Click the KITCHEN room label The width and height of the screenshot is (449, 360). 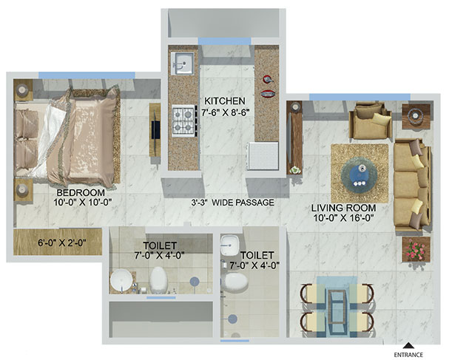pos(225,101)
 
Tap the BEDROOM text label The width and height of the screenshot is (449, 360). pos(81,193)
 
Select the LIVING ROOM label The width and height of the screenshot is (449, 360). pos(344,208)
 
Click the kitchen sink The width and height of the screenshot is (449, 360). pos(183,64)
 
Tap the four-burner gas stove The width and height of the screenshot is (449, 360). pos(184,120)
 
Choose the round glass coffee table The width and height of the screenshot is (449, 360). pos(359,174)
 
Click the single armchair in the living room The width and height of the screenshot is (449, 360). pos(371,121)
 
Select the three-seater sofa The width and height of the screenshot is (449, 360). pos(412,185)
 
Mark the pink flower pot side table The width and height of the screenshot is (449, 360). pos(416,249)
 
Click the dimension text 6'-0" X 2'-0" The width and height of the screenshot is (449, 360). pos(62,243)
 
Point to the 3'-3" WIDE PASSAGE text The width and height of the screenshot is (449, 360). pos(232,203)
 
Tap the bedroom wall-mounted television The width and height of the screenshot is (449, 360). pos(155,130)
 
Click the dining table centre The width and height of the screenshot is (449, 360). pos(337,307)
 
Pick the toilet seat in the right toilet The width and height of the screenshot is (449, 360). pos(235,281)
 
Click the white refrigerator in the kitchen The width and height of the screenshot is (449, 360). pos(263,156)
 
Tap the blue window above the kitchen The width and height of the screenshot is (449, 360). pos(225,41)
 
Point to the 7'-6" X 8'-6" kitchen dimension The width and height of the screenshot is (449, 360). pos(224,112)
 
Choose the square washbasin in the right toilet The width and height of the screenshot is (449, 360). pos(230,245)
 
